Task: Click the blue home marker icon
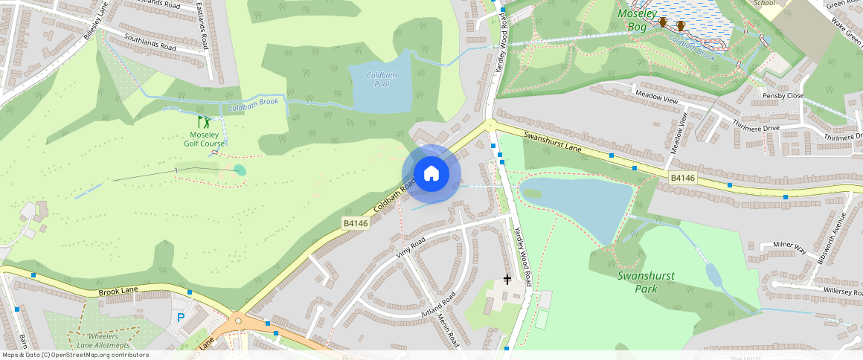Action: point(431,174)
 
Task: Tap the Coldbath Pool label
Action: point(382,80)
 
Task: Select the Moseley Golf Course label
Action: point(208,139)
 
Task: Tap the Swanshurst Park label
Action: point(646,282)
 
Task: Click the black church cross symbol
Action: point(507,280)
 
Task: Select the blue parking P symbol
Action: point(181,318)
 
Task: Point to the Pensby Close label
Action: point(783,96)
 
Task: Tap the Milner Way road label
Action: point(789,248)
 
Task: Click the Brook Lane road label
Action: point(120,292)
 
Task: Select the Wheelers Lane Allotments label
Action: point(103,341)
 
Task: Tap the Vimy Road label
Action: point(410,248)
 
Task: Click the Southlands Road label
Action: point(150,42)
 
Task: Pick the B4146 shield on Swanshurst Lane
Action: point(681,178)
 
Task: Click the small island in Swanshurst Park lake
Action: point(532,193)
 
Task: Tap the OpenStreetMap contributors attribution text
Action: point(75,355)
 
